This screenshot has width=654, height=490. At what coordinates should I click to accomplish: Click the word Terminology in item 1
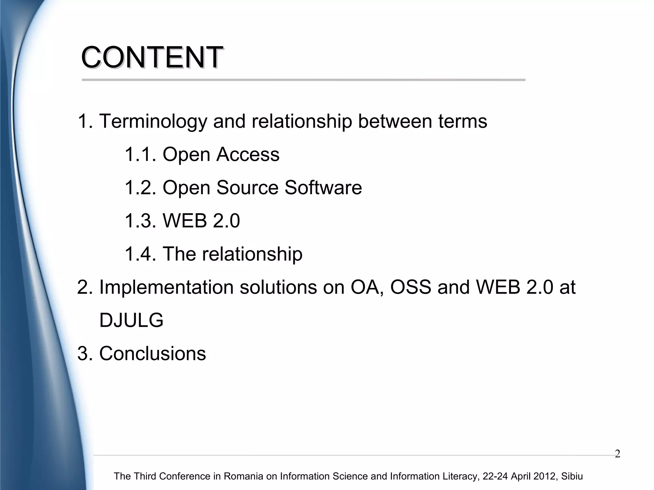(x=153, y=122)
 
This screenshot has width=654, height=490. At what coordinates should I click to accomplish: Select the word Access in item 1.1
(x=248, y=155)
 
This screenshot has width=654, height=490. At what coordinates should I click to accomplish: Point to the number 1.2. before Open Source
(x=140, y=188)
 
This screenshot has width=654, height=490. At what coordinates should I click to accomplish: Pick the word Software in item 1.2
(x=323, y=188)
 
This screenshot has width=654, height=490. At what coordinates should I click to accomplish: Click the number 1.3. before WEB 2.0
(x=140, y=221)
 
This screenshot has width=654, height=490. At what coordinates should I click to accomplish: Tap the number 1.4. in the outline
(x=140, y=254)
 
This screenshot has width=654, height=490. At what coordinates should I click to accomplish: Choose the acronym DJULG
(x=131, y=320)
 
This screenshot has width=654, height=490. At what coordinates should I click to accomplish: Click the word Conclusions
(x=153, y=354)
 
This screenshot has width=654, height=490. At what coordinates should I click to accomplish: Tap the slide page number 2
(x=617, y=454)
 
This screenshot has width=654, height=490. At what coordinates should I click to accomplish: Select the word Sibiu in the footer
(x=572, y=476)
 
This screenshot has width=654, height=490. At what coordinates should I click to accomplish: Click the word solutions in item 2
(x=278, y=287)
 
